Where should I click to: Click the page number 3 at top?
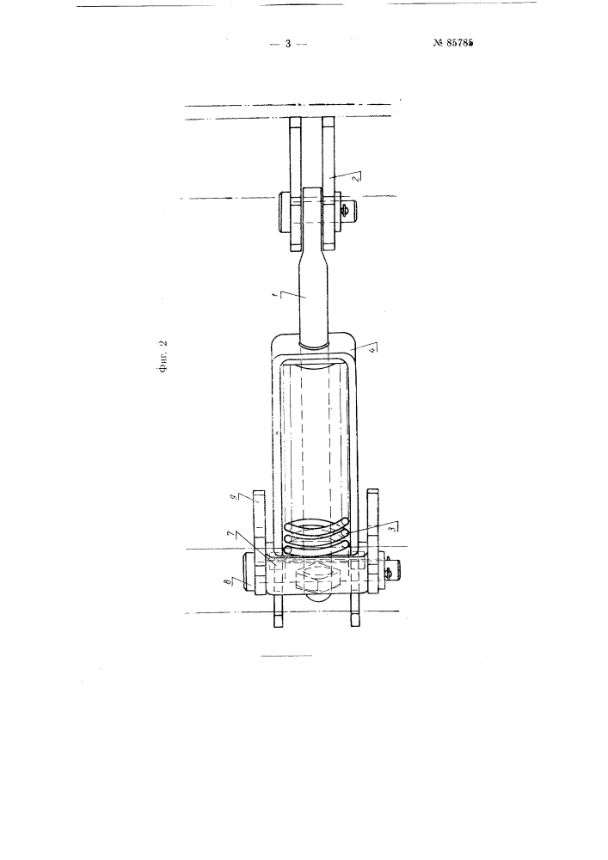(x=288, y=45)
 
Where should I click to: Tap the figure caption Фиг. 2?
(x=162, y=357)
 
